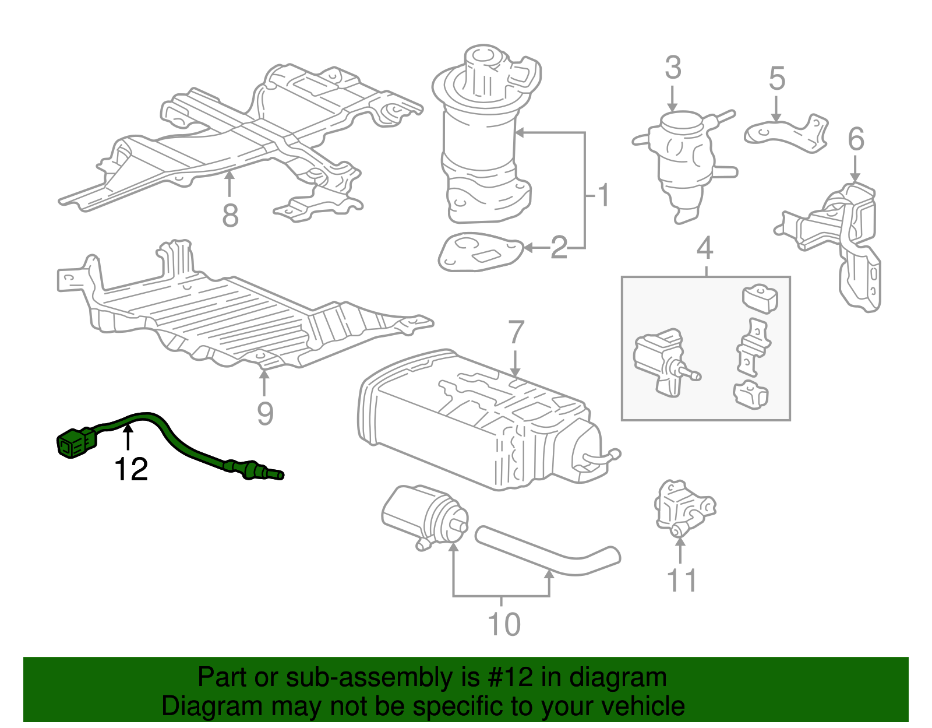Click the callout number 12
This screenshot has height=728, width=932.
coord(131,469)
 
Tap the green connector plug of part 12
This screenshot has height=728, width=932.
coord(74,444)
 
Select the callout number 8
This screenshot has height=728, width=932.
coord(230,216)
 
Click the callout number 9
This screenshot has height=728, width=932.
coord(265,413)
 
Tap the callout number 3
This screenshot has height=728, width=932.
coord(673,68)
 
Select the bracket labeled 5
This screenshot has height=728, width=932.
coord(786,133)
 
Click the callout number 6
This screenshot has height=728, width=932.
coord(856,139)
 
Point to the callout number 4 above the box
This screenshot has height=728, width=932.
coord(705,248)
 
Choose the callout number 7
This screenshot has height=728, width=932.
coord(516,333)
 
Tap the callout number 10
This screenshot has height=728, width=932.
coord(504,624)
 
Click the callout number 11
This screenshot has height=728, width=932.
coord(681,581)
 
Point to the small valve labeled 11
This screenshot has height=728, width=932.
coord(682,508)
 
